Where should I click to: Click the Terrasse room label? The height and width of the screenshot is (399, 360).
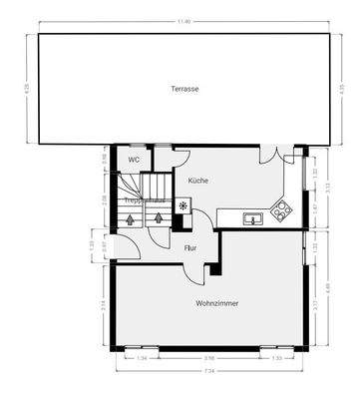[x=183, y=89]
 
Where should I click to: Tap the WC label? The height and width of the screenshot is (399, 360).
[x=133, y=159]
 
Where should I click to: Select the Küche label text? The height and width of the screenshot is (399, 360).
[x=197, y=181]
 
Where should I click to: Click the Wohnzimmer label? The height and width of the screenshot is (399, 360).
[x=216, y=302]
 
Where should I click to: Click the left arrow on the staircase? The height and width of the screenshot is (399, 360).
[x=130, y=218]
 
